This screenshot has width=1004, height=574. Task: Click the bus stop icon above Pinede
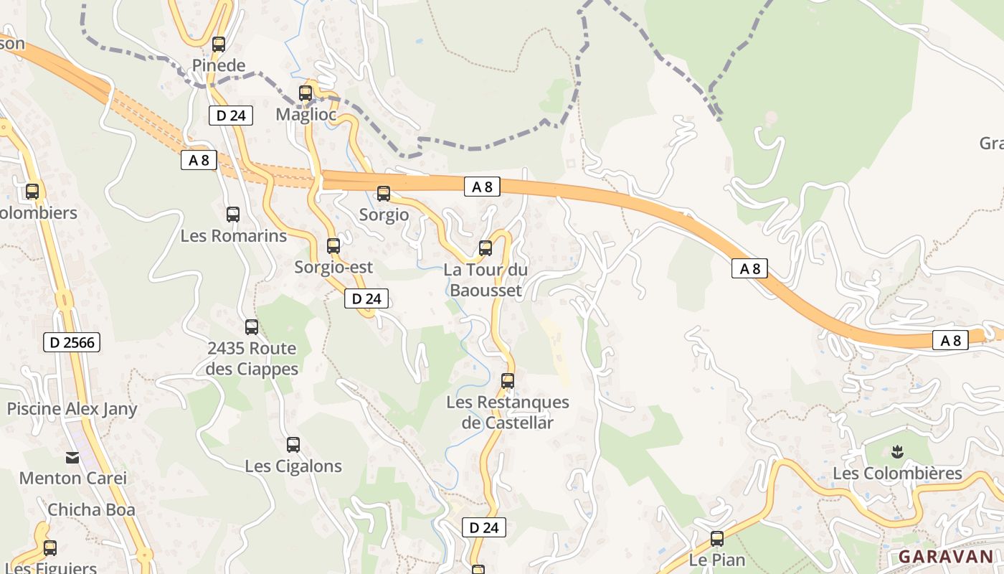tap(219, 44)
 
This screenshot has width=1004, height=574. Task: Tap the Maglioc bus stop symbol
tap(306, 93)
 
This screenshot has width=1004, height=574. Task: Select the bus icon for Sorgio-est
tap(333, 246)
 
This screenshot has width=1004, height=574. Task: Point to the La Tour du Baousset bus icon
tap(486, 248)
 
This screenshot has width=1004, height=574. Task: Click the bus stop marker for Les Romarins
tap(233, 215)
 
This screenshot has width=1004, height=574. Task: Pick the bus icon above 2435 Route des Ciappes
tap(252, 327)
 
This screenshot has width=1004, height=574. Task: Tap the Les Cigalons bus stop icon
tap(293, 445)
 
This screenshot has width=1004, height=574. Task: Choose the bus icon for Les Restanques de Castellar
tap(508, 381)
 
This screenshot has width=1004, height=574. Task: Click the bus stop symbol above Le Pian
tap(717, 539)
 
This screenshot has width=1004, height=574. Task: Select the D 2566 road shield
tap(72, 342)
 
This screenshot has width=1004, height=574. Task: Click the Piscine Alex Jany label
tap(72, 409)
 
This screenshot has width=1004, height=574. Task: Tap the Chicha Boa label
tap(91, 510)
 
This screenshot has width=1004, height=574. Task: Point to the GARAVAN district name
tap(946, 556)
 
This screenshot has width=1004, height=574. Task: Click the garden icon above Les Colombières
tap(896, 452)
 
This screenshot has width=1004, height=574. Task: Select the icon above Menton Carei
tap(72, 457)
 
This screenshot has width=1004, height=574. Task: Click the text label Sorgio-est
tap(333, 268)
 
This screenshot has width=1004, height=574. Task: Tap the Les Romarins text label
tap(233, 235)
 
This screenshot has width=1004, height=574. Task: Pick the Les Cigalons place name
tap(293, 466)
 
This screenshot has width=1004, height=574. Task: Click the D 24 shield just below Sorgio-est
tap(366, 298)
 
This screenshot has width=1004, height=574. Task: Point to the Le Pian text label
tap(717, 560)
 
